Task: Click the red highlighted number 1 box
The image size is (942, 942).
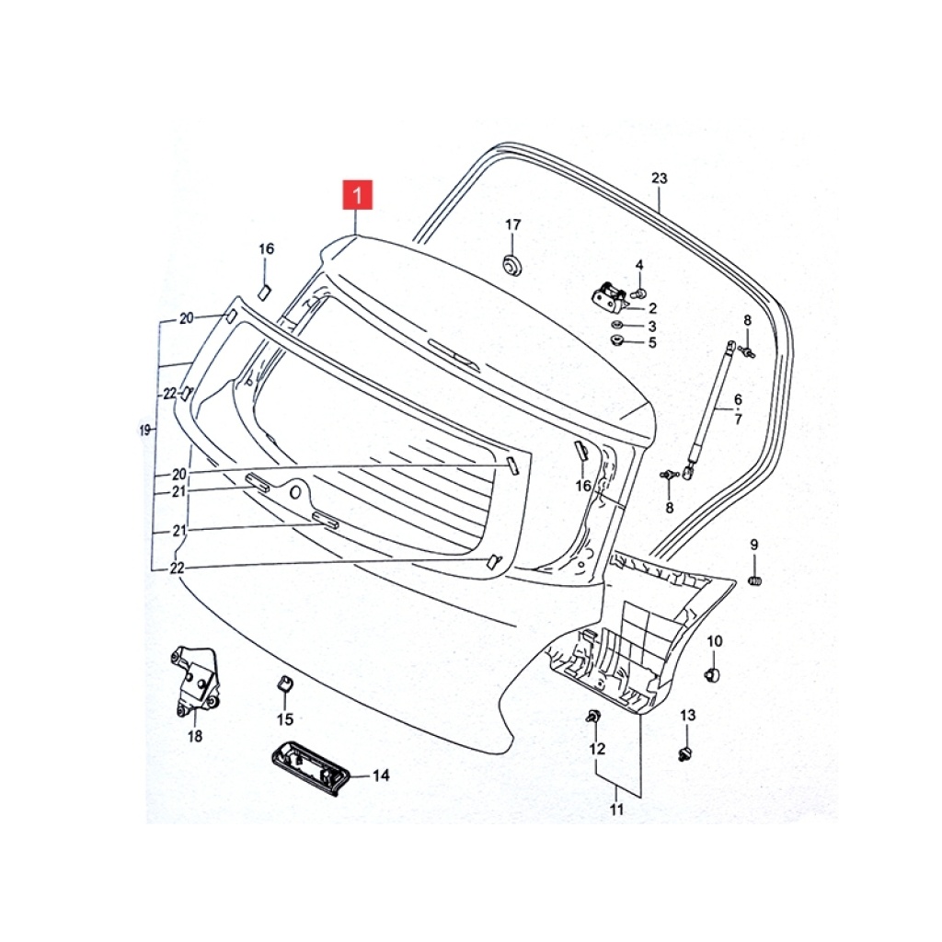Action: click(x=358, y=195)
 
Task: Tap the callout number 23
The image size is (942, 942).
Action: click(x=659, y=178)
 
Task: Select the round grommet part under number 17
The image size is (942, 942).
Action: click(x=511, y=263)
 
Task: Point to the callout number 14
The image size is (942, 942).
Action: click(x=381, y=775)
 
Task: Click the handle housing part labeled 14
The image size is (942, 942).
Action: click(x=307, y=769)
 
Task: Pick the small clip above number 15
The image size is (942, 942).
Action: click(x=284, y=684)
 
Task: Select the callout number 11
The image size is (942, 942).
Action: click(x=617, y=810)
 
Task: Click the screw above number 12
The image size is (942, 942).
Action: click(x=592, y=716)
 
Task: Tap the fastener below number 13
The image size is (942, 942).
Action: click(x=684, y=754)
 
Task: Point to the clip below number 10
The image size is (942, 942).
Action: click(x=713, y=674)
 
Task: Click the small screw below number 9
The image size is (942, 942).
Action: click(x=755, y=580)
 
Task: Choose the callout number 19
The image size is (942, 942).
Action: click(x=144, y=431)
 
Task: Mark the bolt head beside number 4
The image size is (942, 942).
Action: click(x=639, y=293)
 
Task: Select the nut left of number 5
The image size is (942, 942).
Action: click(x=616, y=341)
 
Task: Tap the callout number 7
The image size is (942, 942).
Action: click(x=738, y=419)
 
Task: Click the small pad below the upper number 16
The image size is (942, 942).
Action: click(x=264, y=293)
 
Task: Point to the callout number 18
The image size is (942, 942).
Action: click(x=195, y=735)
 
